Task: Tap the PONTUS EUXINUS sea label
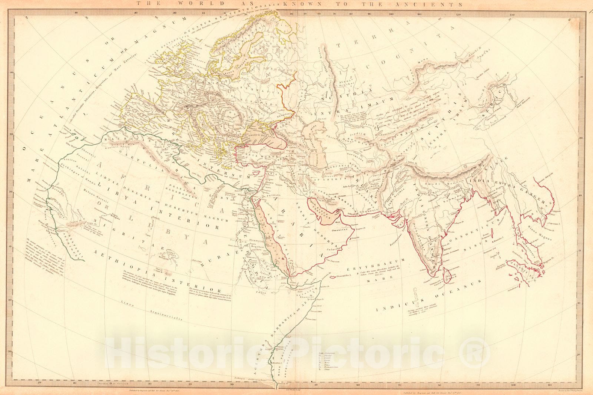pyautogui.click(x=264, y=135)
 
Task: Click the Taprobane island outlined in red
pyautogui.click(x=448, y=276)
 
